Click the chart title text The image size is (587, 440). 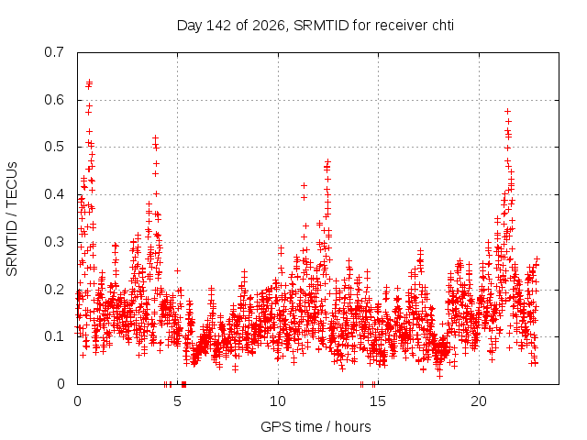tap(316, 26)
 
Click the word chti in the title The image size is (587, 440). tap(443, 26)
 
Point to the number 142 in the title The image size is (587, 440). tap(219, 26)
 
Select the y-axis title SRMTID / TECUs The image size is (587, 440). tap(12, 219)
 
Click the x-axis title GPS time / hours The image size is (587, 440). tap(316, 426)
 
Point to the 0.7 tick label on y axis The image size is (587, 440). tap(54, 52)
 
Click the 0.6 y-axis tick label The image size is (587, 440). tap(54, 100)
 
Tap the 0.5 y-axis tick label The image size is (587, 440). tap(54, 147)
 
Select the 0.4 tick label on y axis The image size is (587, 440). tap(54, 194)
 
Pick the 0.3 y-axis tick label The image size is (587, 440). tap(54, 242)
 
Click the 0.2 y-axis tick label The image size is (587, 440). tap(54, 290)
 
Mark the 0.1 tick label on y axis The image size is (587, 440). tap(54, 336)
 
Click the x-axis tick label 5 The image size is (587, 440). tap(177, 401)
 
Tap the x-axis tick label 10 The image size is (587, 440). tap(278, 401)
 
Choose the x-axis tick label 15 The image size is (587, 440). tap(378, 401)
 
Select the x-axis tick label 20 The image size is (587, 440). tap(479, 401)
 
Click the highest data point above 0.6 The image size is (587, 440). tap(89, 82)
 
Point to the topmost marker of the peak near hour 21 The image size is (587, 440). tap(507, 111)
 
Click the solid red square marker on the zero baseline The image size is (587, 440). tap(183, 384)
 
